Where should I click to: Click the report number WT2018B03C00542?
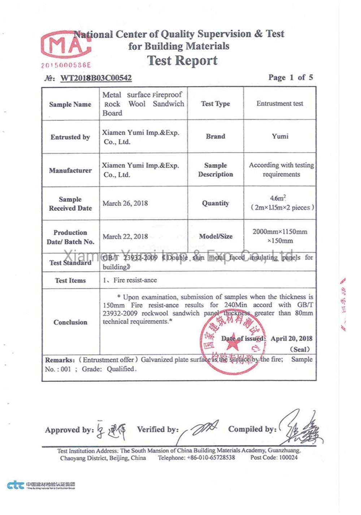click(96, 78)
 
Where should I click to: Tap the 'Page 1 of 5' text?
click(290, 77)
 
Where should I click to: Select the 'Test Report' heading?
click(182, 61)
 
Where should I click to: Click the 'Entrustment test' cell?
click(280, 104)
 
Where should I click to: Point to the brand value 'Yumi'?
click(280, 137)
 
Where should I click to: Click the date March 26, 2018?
click(125, 203)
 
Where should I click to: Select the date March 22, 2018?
click(125, 237)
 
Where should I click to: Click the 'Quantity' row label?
click(216, 203)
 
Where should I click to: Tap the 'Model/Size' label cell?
click(216, 237)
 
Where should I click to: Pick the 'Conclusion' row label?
click(70, 322)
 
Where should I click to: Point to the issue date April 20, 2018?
click(291, 339)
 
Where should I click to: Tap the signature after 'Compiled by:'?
click(301, 428)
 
